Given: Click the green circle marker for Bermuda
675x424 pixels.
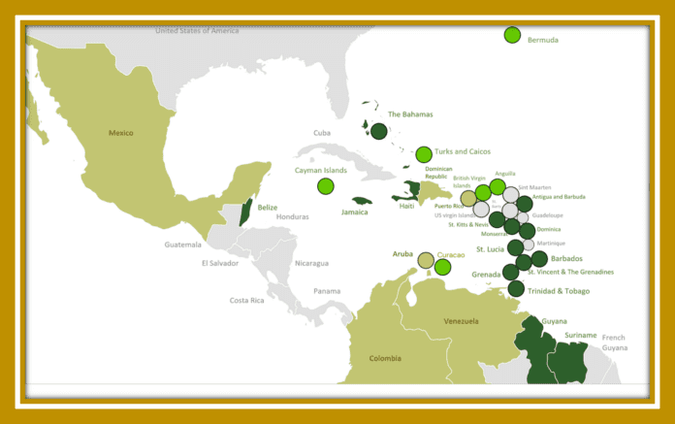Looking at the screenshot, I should pos(512,35).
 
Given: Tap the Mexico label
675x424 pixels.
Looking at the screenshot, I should pos(120,133).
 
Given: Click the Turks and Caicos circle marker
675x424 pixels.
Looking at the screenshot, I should pos(424,154).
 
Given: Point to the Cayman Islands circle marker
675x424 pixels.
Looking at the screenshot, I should pos(325,185).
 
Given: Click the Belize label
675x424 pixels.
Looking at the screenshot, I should pos(267,207).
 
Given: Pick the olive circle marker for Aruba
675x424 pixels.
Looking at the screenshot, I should pos(425,260).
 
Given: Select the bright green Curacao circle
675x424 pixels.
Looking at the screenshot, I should pos(443,267).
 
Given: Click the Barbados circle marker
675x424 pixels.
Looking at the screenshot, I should pos(539,259).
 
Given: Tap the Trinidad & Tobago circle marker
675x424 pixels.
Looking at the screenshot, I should pos(516,288).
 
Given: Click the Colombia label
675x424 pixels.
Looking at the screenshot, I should pos(385,358).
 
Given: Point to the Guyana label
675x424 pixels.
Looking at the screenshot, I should pos(555,320).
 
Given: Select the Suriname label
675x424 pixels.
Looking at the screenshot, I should pos(581,335).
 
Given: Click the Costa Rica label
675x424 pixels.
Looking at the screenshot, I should pos(246,301).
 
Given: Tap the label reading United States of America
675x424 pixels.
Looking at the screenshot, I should pos(197,31).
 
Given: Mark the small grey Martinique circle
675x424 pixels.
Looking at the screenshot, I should pos(529,245).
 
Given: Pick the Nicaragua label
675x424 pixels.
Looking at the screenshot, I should pos(311,263).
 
